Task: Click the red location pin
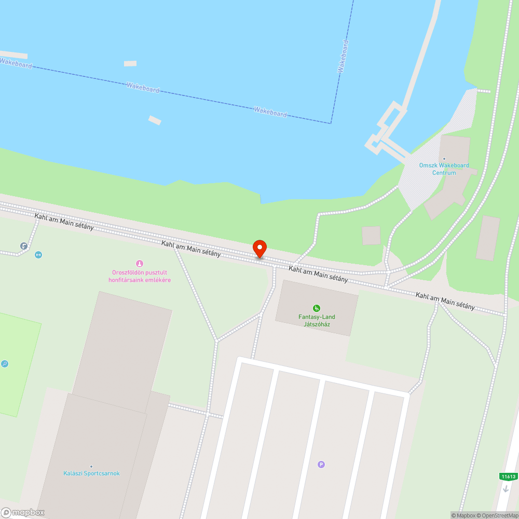259,249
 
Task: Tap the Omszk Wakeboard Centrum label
444,169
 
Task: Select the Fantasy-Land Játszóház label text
317,321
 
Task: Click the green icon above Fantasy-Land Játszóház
317,308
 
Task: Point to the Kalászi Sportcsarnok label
91,473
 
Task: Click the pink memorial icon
139,264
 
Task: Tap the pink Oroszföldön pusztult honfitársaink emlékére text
139,276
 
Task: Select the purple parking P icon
321,465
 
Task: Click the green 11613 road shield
509,476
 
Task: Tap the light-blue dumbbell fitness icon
38,255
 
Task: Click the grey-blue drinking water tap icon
24,246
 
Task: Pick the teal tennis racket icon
5,364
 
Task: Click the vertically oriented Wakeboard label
343,56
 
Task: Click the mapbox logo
23,512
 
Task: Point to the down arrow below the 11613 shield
506,489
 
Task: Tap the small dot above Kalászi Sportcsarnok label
91,467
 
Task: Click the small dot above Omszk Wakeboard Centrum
444,159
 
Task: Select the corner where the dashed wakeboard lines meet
331,123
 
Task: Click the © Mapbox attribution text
463,515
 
